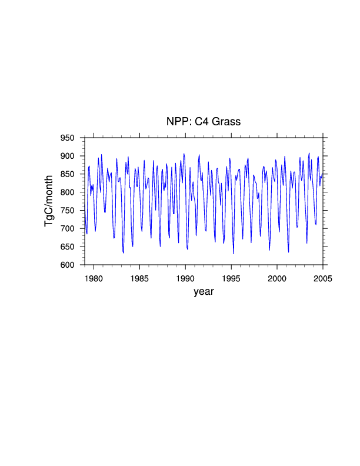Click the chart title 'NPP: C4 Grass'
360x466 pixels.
[204, 122]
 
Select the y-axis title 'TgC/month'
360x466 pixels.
[49, 201]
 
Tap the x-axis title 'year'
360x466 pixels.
[204, 291]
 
